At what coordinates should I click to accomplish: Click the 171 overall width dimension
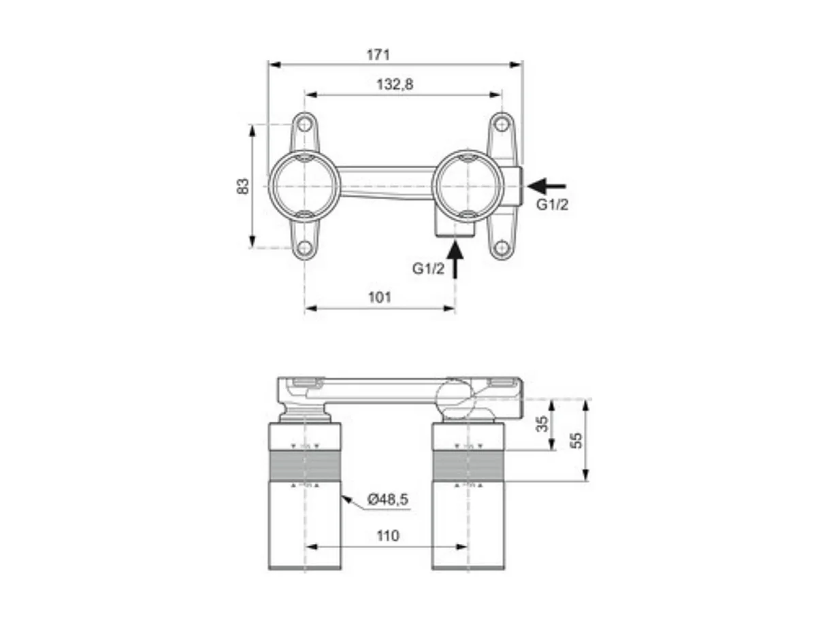click(x=378, y=55)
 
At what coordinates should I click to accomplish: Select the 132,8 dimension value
click(x=395, y=84)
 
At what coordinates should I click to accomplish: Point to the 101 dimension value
click(x=379, y=297)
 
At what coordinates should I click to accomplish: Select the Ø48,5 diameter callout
click(x=387, y=500)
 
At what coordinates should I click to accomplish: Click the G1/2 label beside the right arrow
click(x=551, y=205)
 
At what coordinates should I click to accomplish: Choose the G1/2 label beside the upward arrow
click(x=428, y=269)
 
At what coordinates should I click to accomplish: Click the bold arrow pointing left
click(x=547, y=185)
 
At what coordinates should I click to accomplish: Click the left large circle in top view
click(x=304, y=186)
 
